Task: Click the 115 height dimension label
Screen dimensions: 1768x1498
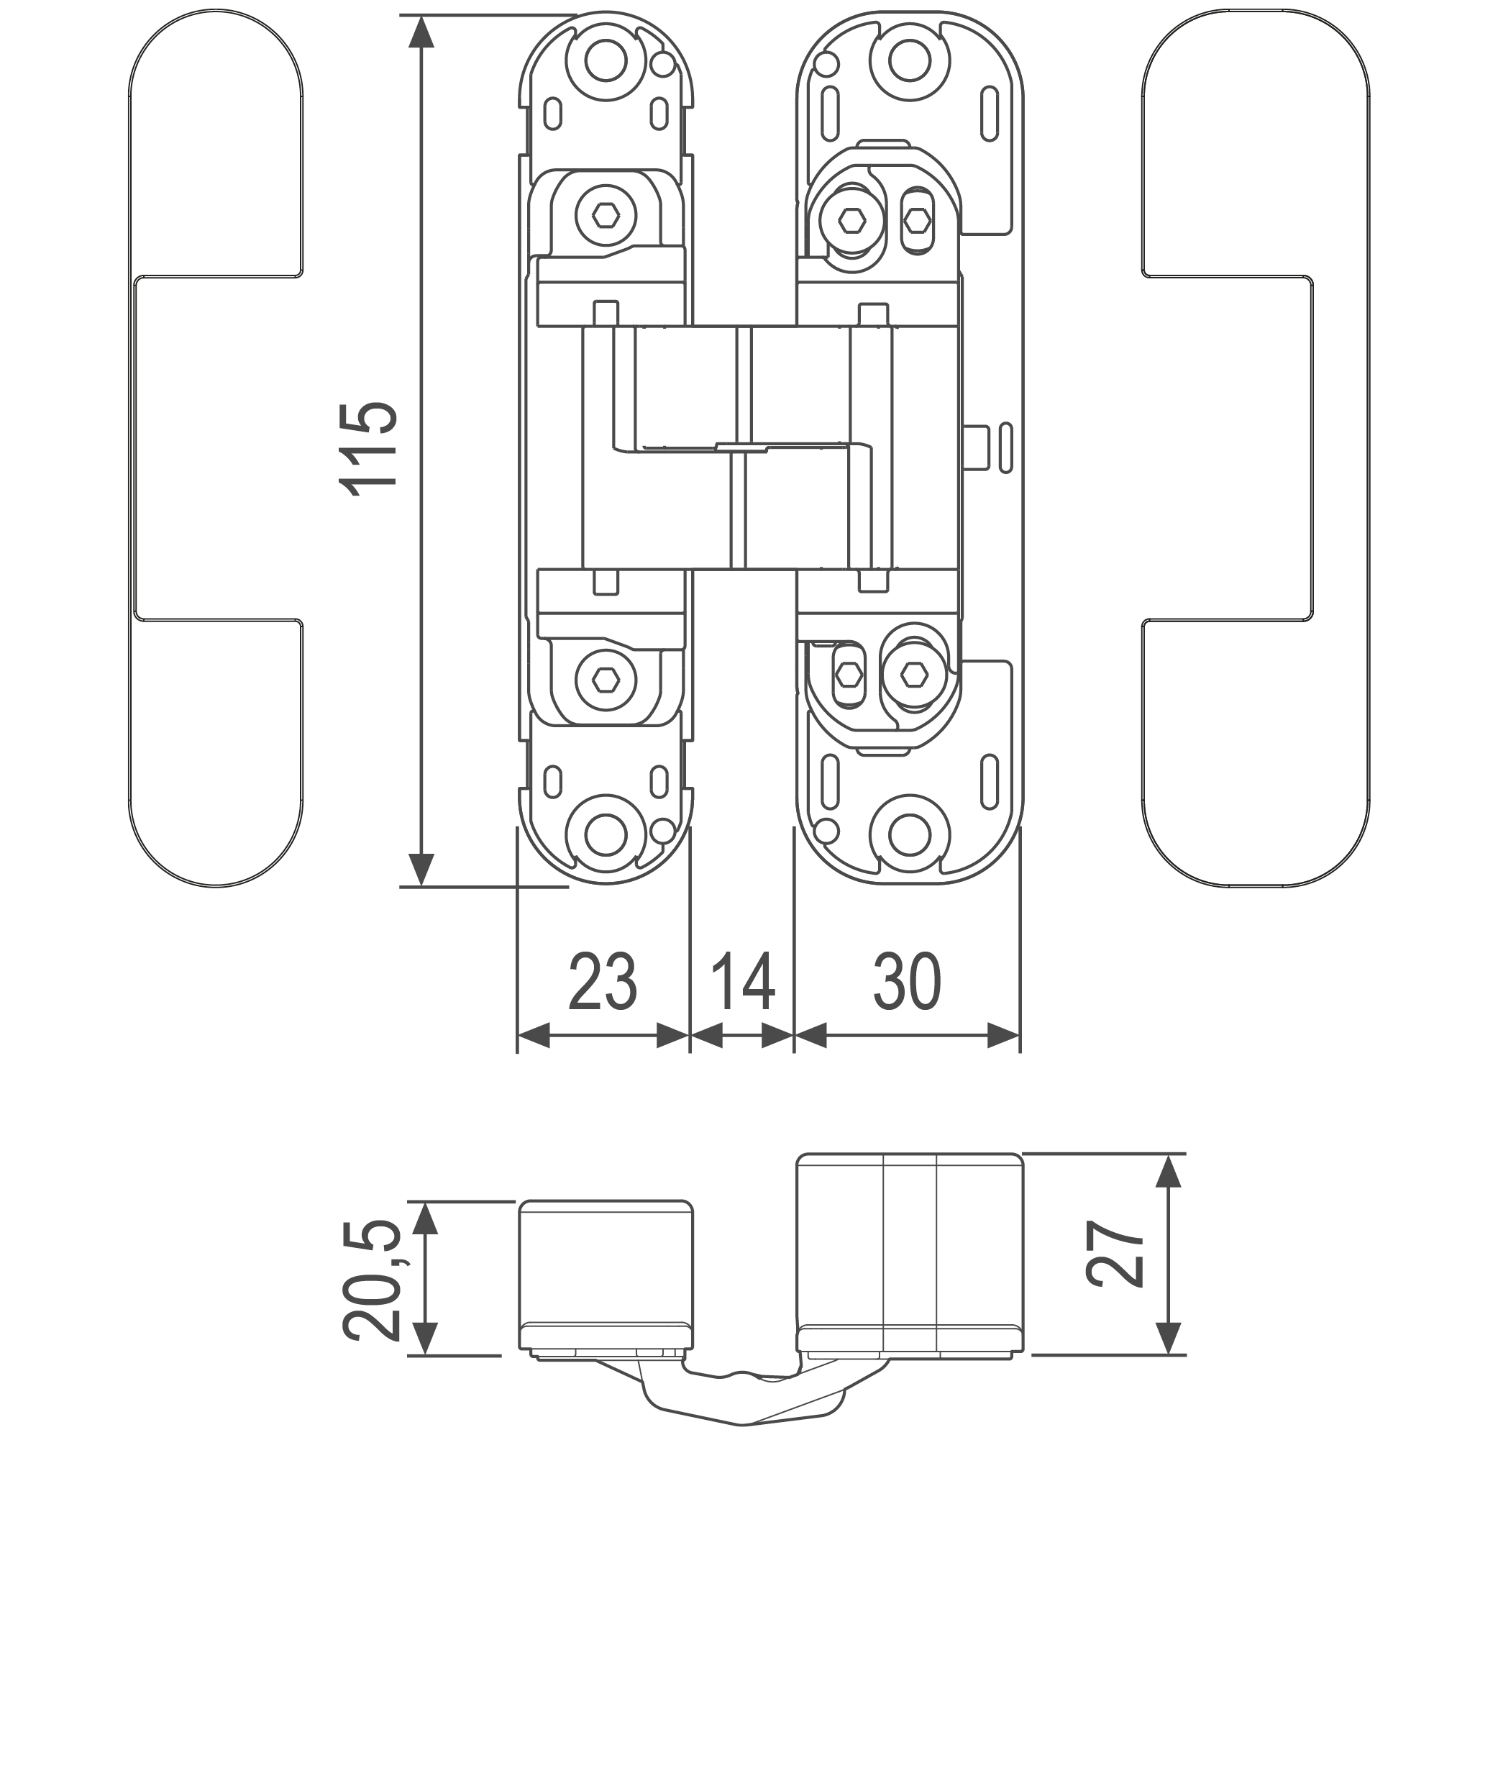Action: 368,448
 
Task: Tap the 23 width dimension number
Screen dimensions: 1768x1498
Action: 602,982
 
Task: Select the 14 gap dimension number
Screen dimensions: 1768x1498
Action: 742,982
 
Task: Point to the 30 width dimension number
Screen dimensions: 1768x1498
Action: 907,982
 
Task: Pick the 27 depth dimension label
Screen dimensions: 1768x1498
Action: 1115,1254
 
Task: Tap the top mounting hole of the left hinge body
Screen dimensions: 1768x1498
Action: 606,61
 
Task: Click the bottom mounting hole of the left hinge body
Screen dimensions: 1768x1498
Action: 606,836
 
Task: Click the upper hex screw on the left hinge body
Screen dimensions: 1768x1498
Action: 606,216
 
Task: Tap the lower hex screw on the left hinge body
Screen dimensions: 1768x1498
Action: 606,679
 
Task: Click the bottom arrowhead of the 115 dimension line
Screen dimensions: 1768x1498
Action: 421,870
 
